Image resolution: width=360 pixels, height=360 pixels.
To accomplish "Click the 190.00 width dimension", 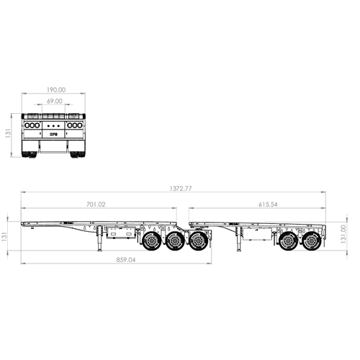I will pyautogui.click(x=55, y=90).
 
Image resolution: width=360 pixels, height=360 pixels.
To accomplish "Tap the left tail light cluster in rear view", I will pyautogui.click(x=33, y=125).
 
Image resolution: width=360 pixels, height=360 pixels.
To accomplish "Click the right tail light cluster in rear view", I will pyautogui.click(x=76, y=125).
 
